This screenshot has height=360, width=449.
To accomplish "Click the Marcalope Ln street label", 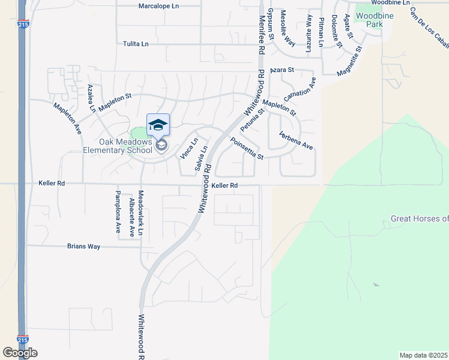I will [x=158, y=6].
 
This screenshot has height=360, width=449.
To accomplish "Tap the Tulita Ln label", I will [x=135, y=44].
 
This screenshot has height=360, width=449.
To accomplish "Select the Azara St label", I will [x=282, y=70].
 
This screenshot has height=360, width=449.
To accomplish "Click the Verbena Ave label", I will [x=295, y=141].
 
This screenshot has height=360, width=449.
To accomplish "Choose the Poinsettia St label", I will [x=247, y=149].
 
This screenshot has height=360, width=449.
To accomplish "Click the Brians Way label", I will [x=83, y=247].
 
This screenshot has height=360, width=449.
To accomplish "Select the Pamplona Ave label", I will [x=118, y=211].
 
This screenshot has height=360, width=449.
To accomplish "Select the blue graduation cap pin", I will [x=158, y=125].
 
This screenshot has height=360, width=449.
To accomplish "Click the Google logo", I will [x=20, y=353].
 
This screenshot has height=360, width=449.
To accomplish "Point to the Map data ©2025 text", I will [x=423, y=355].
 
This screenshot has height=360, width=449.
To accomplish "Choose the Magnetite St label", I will [x=350, y=61].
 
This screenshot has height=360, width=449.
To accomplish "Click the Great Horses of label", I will [x=419, y=218].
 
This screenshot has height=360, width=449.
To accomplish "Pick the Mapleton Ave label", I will [x=67, y=118].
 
